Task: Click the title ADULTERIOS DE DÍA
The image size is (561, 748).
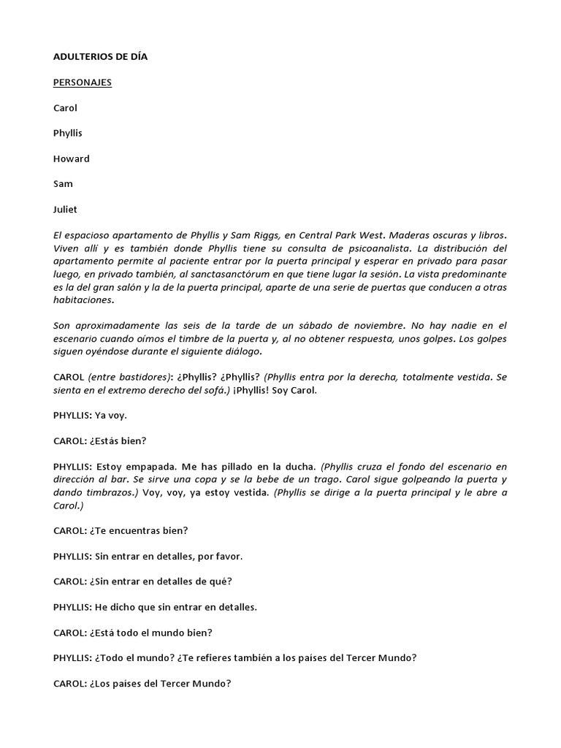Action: (x=100, y=57)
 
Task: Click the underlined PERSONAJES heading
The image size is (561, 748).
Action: (x=83, y=83)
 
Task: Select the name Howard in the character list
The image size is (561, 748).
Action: (x=72, y=159)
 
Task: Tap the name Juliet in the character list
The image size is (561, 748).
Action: (x=66, y=210)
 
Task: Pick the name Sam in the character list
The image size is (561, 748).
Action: (x=63, y=184)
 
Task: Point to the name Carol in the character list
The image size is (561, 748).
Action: (x=66, y=108)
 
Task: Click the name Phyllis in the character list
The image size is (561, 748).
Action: (x=68, y=134)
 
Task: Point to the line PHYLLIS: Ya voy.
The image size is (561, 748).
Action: (x=90, y=415)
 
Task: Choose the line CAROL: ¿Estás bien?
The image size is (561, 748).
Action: (x=100, y=440)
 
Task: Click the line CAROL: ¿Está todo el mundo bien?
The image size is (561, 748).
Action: (x=134, y=633)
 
